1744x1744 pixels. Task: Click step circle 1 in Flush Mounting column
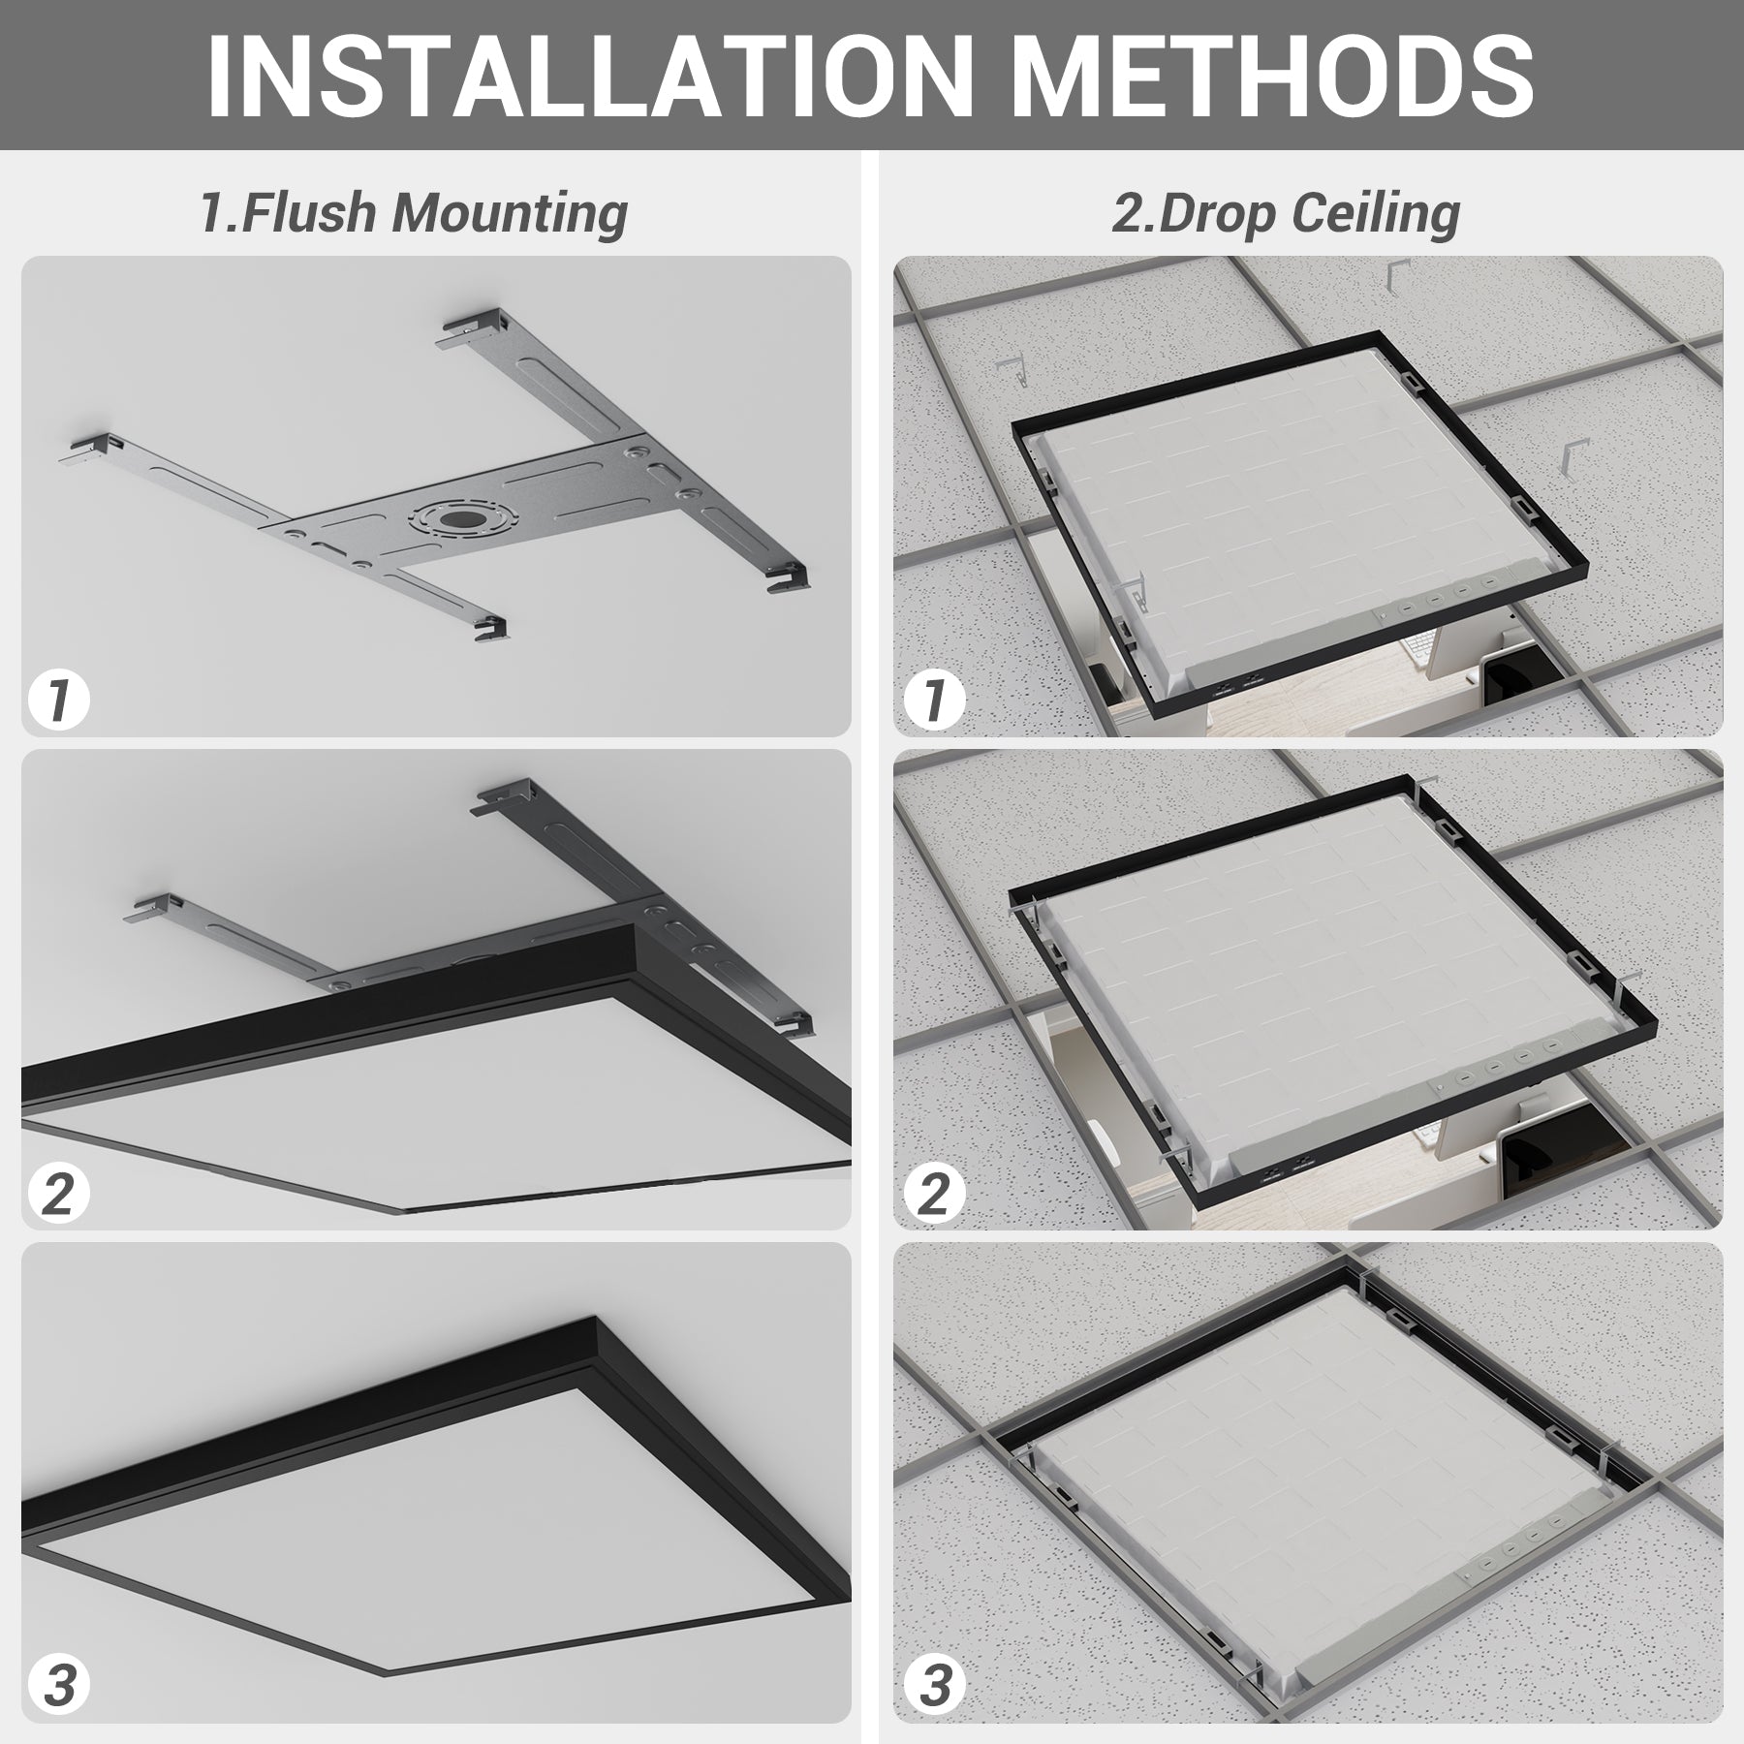pyautogui.click(x=59, y=700)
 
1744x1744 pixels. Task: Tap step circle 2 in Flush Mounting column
pyautogui.click(x=59, y=1193)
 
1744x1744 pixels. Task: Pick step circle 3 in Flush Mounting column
pyautogui.click(x=59, y=1685)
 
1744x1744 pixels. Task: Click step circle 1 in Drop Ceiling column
pyautogui.click(x=934, y=700)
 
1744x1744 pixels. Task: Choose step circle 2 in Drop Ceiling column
pyautogui.click(x=934, y=1193)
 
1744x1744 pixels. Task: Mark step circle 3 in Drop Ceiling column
pyautogui.click(x=934, y=1685)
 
